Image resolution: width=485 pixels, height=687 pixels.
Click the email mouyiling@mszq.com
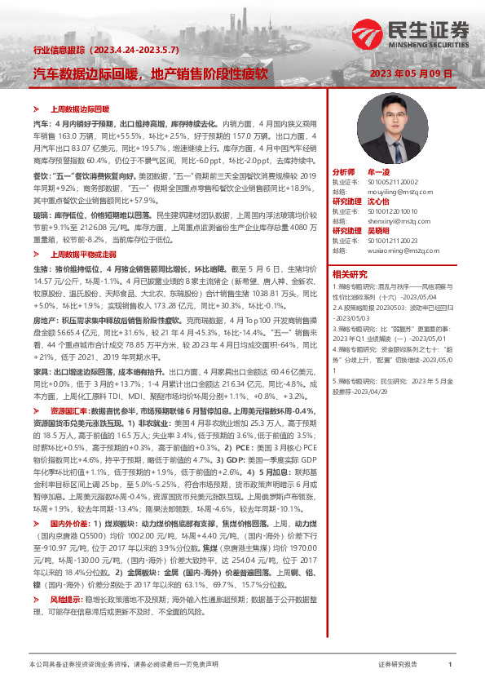pyautogui.click(x=391, y=192)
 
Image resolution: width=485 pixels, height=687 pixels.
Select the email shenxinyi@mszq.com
pyautogui.click(x=391, y=219)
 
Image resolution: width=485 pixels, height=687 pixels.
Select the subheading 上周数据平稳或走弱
pyautogui.click(x=82, y=232)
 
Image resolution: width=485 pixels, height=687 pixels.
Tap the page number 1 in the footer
pyautogui.click(x=449, y=665)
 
